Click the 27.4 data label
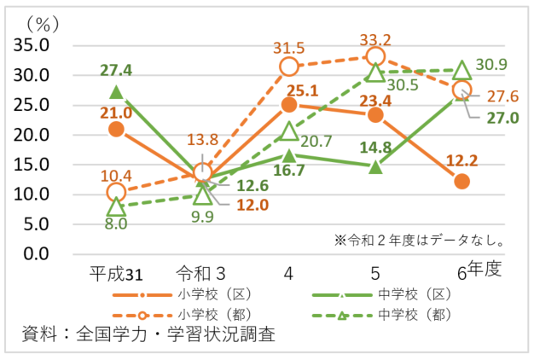[116, 69]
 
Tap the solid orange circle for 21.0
[117, 129]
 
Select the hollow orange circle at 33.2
[376, 56]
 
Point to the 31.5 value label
[289, 49]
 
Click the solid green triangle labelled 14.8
[376, 166]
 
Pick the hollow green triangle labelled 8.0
[117, 206]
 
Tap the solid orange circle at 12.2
[462, 181]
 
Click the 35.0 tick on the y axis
[35, 45]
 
